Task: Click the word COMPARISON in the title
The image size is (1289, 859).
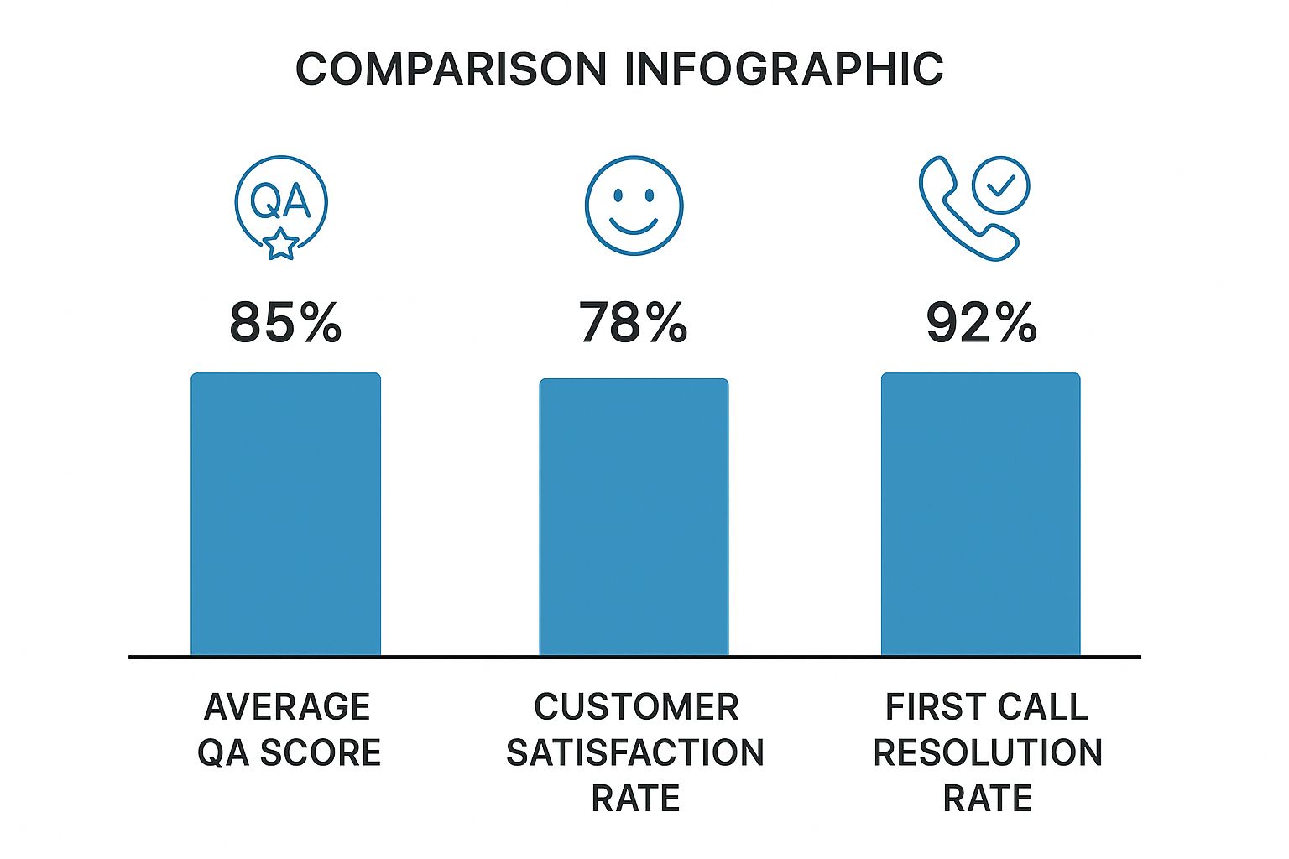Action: click(451, 69)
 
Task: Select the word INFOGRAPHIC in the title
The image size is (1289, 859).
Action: click(784, 69)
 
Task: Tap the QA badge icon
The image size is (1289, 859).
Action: click(280, 204)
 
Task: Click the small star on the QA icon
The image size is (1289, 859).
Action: click(280, 244)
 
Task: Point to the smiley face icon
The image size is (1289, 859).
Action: click(634, 206)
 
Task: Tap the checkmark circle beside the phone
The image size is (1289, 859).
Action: click(1000, 185)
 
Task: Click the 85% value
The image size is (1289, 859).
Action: click(285, 323)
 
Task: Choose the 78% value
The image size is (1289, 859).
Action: click(633, 323)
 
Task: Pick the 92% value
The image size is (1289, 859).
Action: click(981, 323)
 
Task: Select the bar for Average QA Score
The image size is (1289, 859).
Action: click(285, 513)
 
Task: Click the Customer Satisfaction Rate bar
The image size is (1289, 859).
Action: click(634, 516)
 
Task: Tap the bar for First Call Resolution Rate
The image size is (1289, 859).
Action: click(980, 513)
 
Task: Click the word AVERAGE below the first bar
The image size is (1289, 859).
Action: click(287, 707)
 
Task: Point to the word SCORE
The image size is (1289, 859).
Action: click(320, 752)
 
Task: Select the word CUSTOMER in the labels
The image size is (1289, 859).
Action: click(636, 707)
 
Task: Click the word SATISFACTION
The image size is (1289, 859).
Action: click(635, 752)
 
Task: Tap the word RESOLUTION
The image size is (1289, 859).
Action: click(988, 752)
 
